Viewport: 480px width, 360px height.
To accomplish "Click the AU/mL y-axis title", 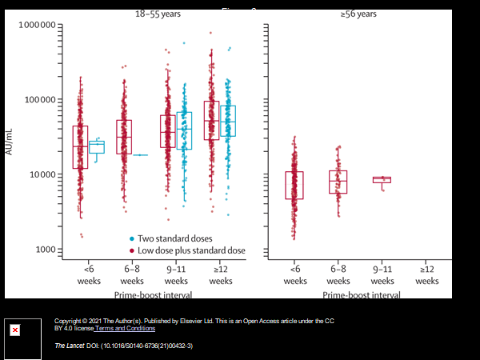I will click(x=10, y=138).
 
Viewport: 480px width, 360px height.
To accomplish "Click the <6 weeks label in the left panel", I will click(x=89, y=275).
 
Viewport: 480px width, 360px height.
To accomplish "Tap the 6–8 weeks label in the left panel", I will click(x=133, y=275).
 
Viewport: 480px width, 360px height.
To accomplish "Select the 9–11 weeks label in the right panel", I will click(x=383, y=275).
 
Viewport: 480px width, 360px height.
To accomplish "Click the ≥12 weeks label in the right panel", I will click(x=426, y=275).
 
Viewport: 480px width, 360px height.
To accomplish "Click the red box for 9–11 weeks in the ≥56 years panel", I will click(x=382, y=180).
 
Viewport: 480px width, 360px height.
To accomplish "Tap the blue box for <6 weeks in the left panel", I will click(x=97, y=146).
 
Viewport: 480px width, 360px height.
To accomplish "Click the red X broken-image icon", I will click(x=14, y=330).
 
